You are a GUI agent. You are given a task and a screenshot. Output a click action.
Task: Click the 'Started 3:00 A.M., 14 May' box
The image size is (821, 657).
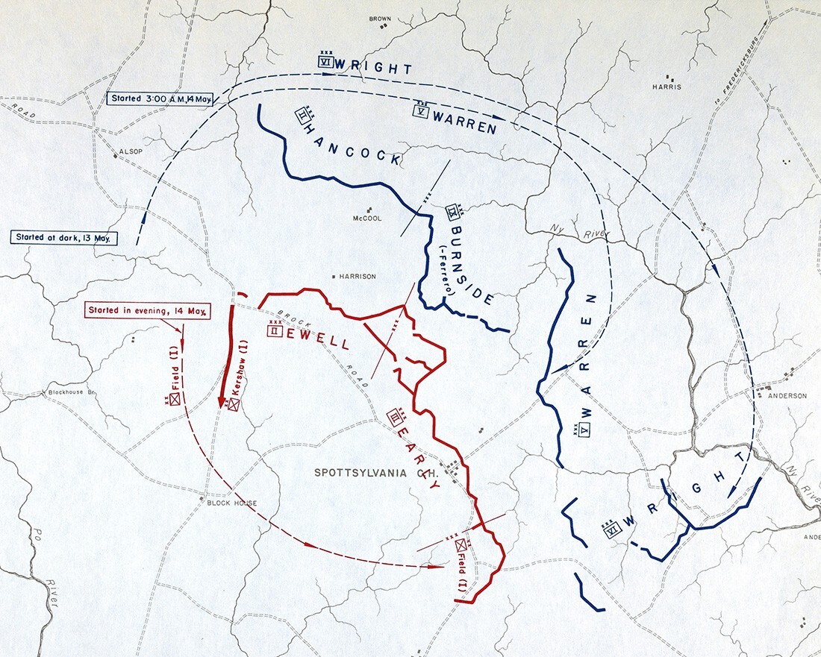160,98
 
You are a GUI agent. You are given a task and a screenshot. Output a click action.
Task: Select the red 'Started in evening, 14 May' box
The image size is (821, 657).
146,311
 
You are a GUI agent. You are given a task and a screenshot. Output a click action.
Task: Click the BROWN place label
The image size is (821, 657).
380,18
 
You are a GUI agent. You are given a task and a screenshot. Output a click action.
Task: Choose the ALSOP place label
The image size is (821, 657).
121,151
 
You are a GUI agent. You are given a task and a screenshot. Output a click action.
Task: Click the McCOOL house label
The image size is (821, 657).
366,219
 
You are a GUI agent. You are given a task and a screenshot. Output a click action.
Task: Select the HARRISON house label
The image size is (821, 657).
358,276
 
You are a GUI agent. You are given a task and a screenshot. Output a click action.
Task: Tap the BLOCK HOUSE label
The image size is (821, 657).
232,503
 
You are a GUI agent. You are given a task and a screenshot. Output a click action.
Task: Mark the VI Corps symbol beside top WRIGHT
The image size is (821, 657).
324,63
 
